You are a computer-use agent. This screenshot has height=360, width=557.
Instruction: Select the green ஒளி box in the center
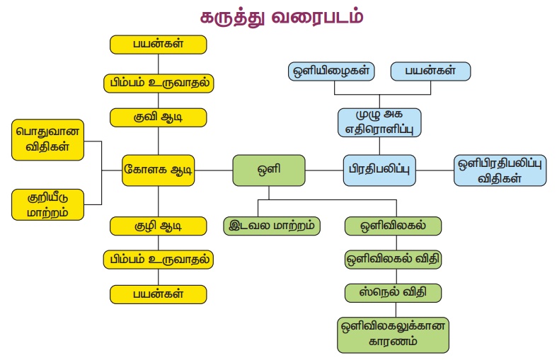pos(269,170)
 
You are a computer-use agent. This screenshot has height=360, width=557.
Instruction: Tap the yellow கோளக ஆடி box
pos(159,170)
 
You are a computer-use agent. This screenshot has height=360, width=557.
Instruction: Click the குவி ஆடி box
pos(159,117)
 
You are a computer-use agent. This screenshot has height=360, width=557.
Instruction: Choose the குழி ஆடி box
pos(159,226)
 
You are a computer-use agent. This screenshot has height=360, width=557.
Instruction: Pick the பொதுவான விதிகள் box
pos(48,140)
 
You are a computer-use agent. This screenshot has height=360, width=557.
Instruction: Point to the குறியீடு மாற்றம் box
pos(48,204)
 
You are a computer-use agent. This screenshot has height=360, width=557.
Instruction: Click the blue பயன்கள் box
pos(430,71)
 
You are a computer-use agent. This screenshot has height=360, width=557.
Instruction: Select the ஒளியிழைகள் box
pos(331,71)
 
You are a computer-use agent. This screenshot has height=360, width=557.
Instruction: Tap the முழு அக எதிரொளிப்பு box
pos(379,122)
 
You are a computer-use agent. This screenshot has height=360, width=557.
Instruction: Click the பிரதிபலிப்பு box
pos(380,170)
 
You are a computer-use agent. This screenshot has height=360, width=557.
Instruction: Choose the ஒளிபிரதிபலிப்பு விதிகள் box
pos(500,170)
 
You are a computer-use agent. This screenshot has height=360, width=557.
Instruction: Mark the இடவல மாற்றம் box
pos(272,226)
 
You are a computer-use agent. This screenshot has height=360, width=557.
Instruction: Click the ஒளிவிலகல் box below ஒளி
pos(393,226)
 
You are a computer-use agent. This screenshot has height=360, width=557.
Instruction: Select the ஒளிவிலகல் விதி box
pos(393,259)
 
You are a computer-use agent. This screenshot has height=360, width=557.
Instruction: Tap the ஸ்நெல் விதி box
pos(393,291)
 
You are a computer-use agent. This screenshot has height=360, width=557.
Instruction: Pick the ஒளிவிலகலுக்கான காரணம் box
pos(393,334)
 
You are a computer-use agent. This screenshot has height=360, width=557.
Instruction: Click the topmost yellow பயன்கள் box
pos(159,44)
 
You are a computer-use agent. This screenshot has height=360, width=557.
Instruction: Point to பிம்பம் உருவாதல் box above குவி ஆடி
pos(159,81)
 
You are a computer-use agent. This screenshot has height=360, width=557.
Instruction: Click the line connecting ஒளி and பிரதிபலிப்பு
pos(324,170)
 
